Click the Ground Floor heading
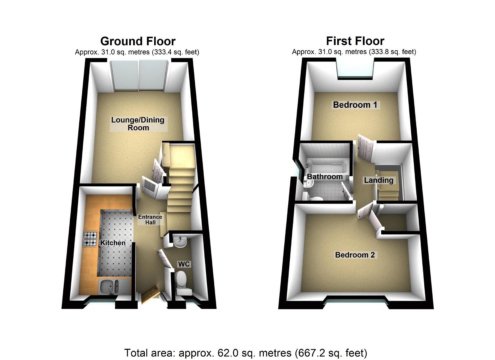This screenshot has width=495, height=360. tap(138, 41)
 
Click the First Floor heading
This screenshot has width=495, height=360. tap(355, 41)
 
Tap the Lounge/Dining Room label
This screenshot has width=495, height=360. tap(138, 124)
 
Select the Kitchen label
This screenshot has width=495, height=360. tap(113, 243)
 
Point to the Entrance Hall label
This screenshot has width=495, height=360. tap(150, 219)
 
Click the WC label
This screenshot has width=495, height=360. tap(184, 264)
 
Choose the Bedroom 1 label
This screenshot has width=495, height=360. tap(355, 105)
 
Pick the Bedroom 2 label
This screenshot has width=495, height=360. tap(355, 255)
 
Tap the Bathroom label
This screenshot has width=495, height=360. tap(325, 177)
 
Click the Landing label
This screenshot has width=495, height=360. tap(379, 180)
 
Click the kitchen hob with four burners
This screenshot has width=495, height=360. tap(90, 239)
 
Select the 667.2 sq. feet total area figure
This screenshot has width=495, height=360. tap(334, 353)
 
